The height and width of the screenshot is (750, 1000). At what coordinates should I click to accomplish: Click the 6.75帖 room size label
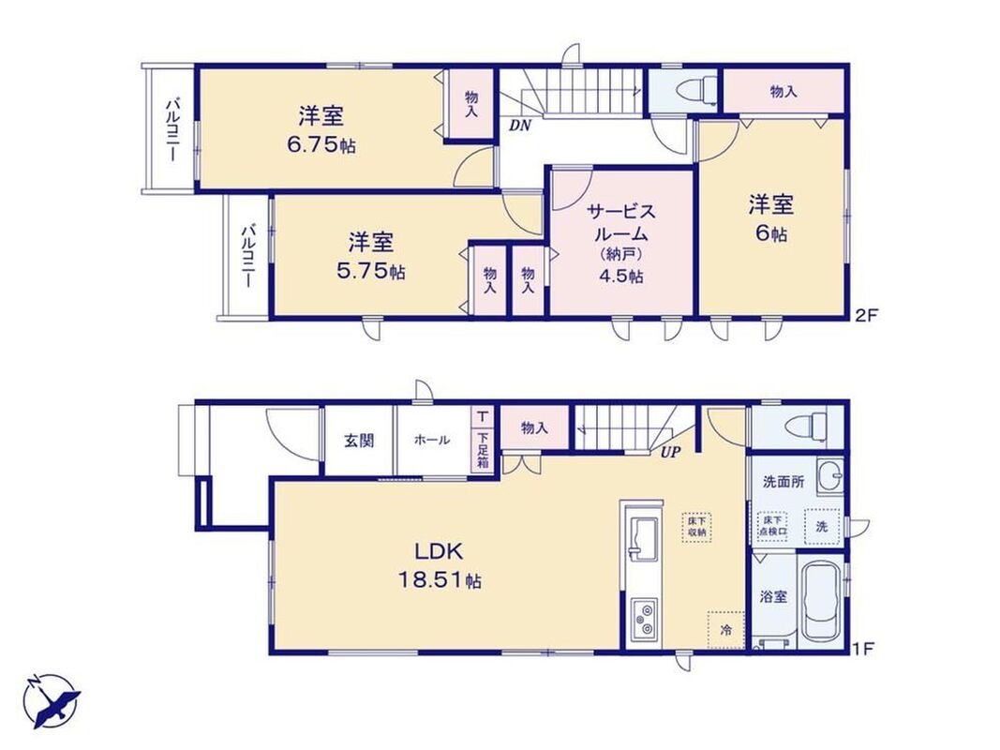point(321,145)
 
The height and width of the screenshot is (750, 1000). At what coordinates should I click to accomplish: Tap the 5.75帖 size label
point(370,272)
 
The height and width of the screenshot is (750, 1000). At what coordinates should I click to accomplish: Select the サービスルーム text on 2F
point(620,222)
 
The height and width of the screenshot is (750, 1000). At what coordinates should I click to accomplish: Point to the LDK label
point(439,550)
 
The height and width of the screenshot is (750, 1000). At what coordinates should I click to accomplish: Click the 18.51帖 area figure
point(440,580)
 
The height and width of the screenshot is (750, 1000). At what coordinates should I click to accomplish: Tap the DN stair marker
point(520,126)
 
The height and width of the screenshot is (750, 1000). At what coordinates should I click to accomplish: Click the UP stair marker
point(671,453)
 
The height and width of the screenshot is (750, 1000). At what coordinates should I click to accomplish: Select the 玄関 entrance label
point(359,440)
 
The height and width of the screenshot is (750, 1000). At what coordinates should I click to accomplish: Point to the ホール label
point(432,440)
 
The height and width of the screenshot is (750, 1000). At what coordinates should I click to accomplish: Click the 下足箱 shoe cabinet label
point(483,450)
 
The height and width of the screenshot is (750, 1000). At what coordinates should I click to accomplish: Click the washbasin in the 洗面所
point(829,475)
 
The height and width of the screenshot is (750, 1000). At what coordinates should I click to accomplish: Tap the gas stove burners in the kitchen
point(644,621)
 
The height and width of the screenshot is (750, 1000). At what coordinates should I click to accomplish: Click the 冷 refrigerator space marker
point(725,630)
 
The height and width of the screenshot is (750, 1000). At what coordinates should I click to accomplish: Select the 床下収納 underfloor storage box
point(696,527)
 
